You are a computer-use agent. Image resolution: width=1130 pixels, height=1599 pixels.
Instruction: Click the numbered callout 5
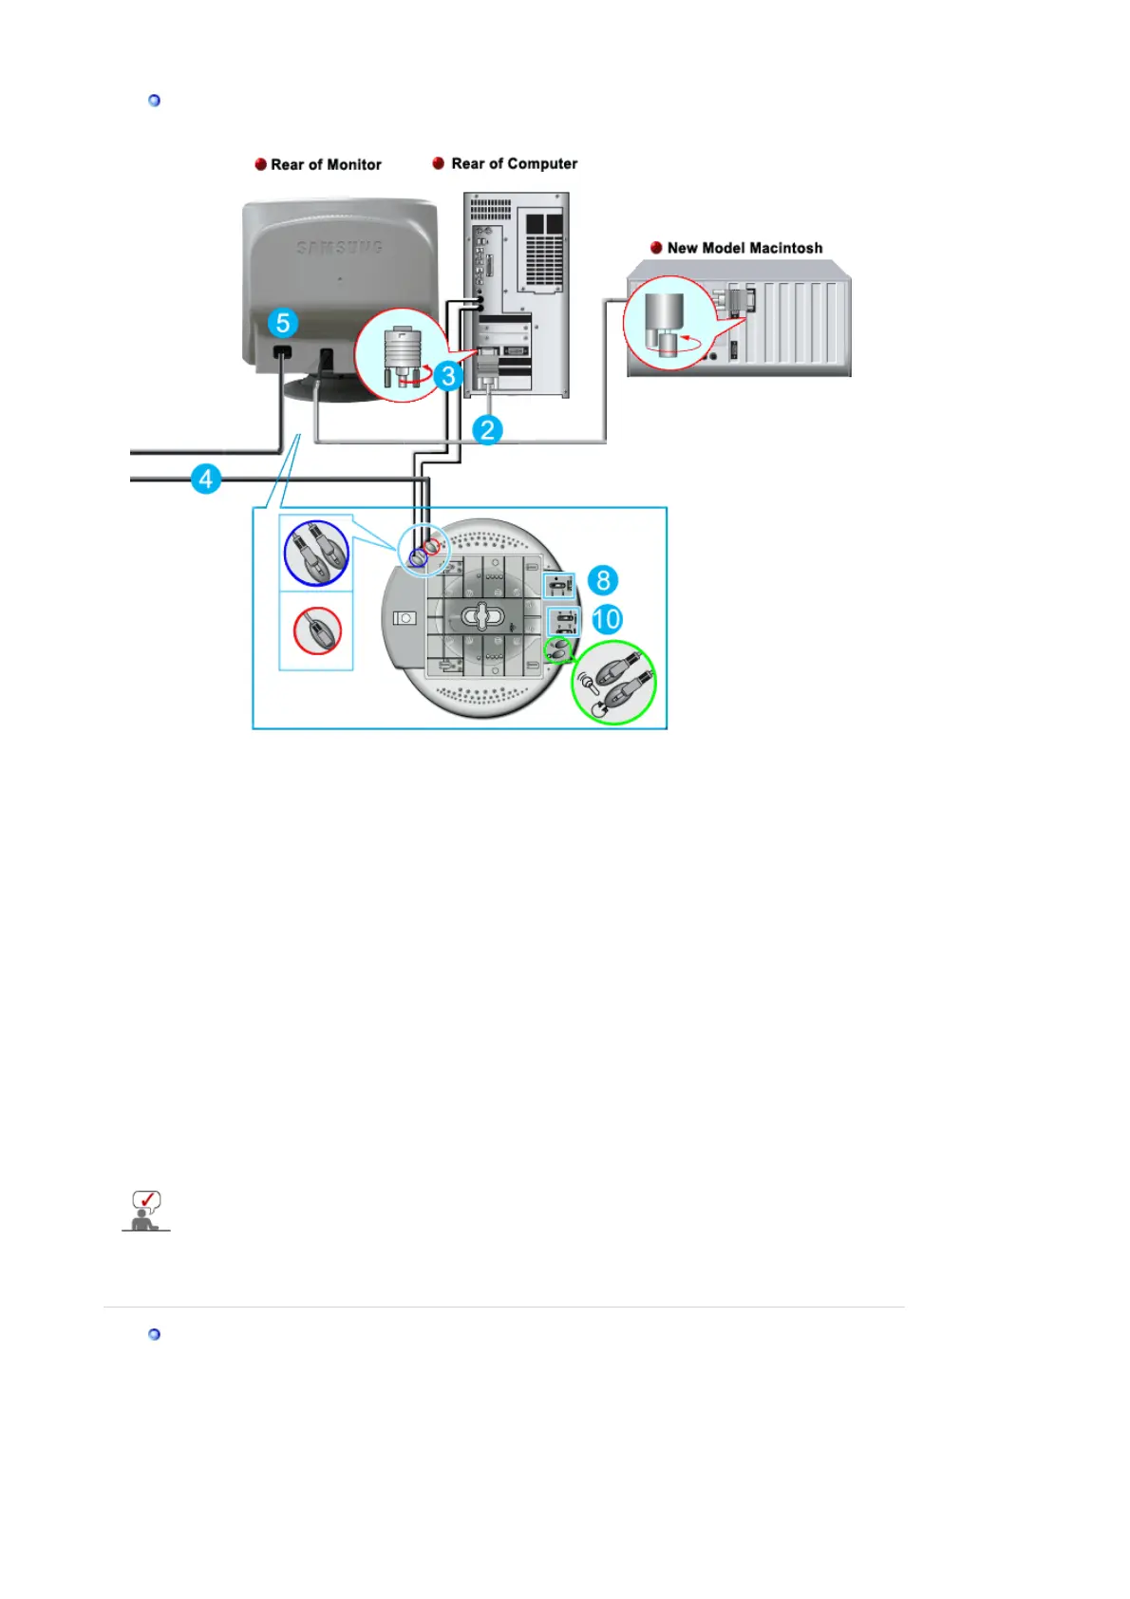[282, 323]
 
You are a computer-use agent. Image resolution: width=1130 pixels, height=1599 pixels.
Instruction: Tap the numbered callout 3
[448, 376]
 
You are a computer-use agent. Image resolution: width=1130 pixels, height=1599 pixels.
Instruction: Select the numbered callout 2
[487, 430]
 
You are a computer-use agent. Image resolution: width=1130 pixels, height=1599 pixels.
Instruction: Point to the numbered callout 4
[205, 479]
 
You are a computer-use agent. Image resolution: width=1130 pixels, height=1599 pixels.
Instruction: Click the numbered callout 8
[602, 580]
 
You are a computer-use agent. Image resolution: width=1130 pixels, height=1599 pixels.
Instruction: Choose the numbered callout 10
[607, 620]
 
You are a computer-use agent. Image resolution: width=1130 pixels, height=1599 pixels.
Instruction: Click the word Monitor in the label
[353, 164]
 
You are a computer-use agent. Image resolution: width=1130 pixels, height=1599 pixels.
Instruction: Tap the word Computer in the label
[541, 163]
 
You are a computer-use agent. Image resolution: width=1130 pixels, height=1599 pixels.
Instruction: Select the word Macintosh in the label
[785, 248]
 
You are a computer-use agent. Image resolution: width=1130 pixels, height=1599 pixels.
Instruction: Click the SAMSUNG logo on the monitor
[339, 248]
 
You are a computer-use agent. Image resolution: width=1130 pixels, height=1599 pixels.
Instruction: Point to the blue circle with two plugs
[316, 554]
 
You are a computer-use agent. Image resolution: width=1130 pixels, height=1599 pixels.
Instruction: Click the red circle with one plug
[317, 631]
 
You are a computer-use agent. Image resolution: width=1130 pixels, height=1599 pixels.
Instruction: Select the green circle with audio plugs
[613, 683]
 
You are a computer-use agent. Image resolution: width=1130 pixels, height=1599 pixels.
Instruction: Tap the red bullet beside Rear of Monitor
[260, 164]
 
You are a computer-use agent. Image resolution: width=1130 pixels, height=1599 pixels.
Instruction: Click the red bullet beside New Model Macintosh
[656, 248]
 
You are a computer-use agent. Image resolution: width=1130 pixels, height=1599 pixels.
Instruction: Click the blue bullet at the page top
[155, 101]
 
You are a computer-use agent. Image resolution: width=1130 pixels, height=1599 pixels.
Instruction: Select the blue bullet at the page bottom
[155, 1334]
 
